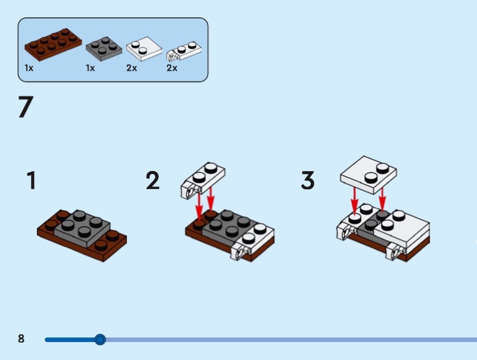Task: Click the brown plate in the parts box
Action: tap(52, 45)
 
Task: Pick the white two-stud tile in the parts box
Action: tap(144, 49)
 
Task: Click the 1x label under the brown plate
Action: tap(29, 68)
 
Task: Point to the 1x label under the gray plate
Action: tap(90, 68)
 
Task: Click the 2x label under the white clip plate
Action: tap(172, 68)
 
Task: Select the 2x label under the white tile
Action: tap(132, 68)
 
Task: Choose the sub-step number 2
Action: tap(153, 181)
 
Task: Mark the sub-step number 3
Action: tap(308, 181)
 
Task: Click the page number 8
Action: tap(21, 339)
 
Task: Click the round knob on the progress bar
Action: tap(100, 340)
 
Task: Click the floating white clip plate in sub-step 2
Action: tap(205, 178)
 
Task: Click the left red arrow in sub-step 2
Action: tap(200, 206)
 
